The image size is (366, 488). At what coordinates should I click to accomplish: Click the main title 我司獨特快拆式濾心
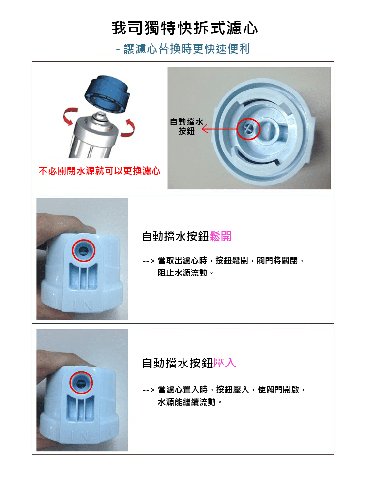click(x=185, y=28)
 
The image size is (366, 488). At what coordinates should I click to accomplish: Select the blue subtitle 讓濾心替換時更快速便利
click(x=187, y=49)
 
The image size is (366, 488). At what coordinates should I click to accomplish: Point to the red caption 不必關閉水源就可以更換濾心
click(x=99, y=171)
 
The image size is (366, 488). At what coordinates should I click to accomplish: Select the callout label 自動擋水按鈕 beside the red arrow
click(x=186, y=126)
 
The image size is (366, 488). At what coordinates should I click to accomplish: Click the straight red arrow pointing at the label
click(x=219, y=129)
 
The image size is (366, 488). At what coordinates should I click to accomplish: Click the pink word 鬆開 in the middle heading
click(x=221, y=236)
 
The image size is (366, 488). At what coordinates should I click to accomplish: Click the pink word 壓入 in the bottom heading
click(x=225, y=363)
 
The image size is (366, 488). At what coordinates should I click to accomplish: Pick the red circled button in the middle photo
click(x=84, y=250)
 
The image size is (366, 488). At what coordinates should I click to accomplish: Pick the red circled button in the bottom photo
click(x=81, y=383)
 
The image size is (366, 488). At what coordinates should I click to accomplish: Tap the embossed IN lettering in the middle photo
click(x=83, y=305)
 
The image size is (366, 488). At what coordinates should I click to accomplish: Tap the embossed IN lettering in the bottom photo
click(x=80, y=436)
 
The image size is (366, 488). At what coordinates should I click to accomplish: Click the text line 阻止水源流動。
click(x=185, y=273)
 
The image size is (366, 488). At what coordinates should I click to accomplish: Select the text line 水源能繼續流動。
click(x=190, y=402)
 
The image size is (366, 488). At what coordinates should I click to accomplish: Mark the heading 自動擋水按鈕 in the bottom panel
click(x=178, y=363)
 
